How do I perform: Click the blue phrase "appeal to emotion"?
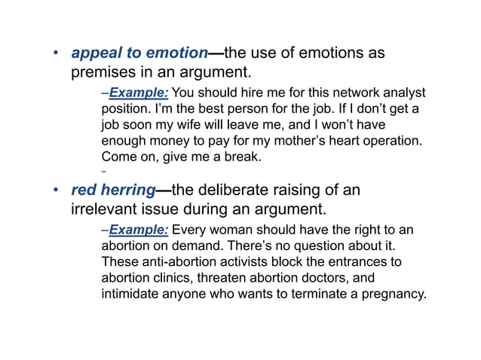[139, 53]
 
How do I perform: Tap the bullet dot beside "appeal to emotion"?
[54, 54]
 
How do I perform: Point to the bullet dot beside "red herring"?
[54, 190]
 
